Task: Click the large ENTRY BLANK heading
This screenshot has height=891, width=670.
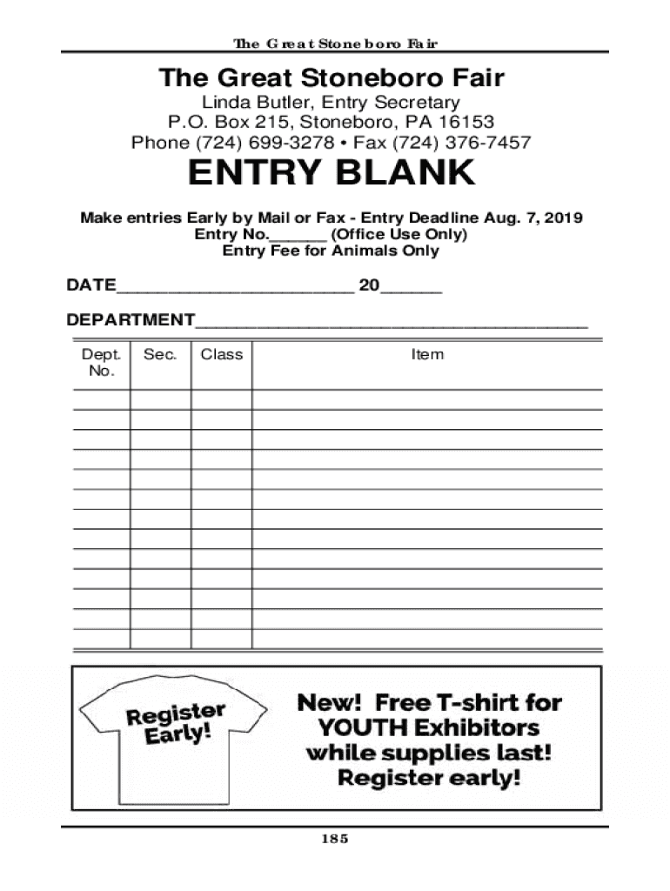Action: tap(332, 174)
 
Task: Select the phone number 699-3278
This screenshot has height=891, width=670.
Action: tap(292, 142)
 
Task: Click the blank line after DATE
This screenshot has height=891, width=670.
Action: tap(235, 289)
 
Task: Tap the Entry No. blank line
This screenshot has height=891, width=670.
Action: tap(298, 238)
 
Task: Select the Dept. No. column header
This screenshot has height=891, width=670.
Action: tap(101, 362)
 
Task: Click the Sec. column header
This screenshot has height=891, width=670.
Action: tap(161, 354)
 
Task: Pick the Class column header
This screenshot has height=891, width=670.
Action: tap(222, 354)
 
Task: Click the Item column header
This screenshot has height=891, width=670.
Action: tap(427, 354)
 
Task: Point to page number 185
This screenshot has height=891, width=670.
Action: tap(335, 839)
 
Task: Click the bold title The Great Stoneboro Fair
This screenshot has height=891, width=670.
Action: tap(332, 78)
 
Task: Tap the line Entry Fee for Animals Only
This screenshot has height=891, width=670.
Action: tap(332, 251)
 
